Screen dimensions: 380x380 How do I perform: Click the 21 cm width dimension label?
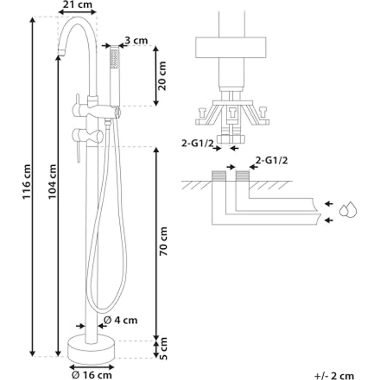pyautogui.click(x=77, y=5)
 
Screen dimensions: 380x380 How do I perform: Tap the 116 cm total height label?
pyautogui.click(x=27, y=182)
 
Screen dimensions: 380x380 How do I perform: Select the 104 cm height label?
pyautogui.click(x=52, y=182)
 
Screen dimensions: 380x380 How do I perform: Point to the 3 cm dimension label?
pyautogui.click(x=136, y=40)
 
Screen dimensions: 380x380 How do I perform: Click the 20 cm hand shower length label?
pyautogui.click(x=162, y=76)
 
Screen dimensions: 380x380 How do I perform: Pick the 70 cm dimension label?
pyautogui.click(x=164, y=242)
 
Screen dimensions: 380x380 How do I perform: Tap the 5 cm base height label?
pyautogui.click(x=164, y=349)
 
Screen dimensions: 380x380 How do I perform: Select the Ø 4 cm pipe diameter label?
pyautogui.click(x=120, y=321)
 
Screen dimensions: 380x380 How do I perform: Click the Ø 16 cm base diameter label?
pyautogui.click(x=92, y=375)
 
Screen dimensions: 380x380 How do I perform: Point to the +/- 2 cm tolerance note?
pyautogui.click(x=335, y=376)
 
